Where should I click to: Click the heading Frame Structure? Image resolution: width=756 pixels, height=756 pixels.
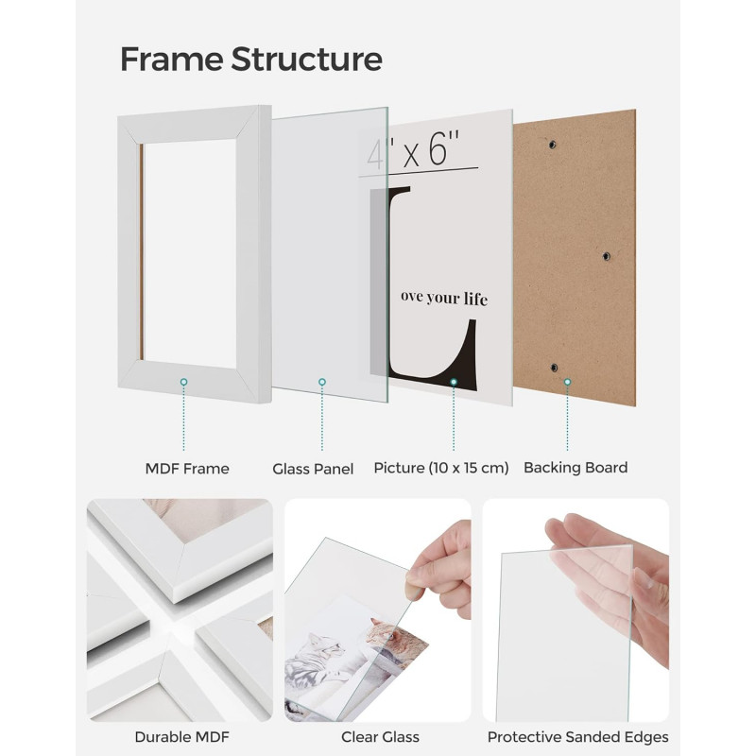251,59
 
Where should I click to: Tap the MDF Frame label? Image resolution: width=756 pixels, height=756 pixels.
187,468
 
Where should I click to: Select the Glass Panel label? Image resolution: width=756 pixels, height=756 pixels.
313,469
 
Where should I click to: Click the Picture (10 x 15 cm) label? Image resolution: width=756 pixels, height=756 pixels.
441,468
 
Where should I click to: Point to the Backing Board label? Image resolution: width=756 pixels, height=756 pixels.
576,467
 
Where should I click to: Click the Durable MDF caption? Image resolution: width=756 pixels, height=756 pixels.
182,737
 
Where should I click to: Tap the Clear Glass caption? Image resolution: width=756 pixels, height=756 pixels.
380,737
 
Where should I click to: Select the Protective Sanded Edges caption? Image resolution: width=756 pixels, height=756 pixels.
577,737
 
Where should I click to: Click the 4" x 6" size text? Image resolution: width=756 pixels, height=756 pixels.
413,149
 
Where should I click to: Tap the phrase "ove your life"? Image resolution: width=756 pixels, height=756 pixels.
444,298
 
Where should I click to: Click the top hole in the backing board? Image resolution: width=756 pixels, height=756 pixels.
552,145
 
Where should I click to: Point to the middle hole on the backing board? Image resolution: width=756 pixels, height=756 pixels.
607,256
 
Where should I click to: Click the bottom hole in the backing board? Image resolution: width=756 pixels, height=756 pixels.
555,368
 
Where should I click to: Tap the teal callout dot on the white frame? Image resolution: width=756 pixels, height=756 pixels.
183,382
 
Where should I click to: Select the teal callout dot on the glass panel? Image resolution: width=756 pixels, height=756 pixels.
322,382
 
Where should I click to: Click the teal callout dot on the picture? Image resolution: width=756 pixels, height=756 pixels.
454,382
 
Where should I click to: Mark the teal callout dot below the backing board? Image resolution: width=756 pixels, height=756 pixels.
568,382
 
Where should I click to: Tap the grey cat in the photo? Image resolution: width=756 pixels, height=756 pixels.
318,661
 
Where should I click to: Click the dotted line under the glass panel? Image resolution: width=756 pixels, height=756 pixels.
322,418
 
